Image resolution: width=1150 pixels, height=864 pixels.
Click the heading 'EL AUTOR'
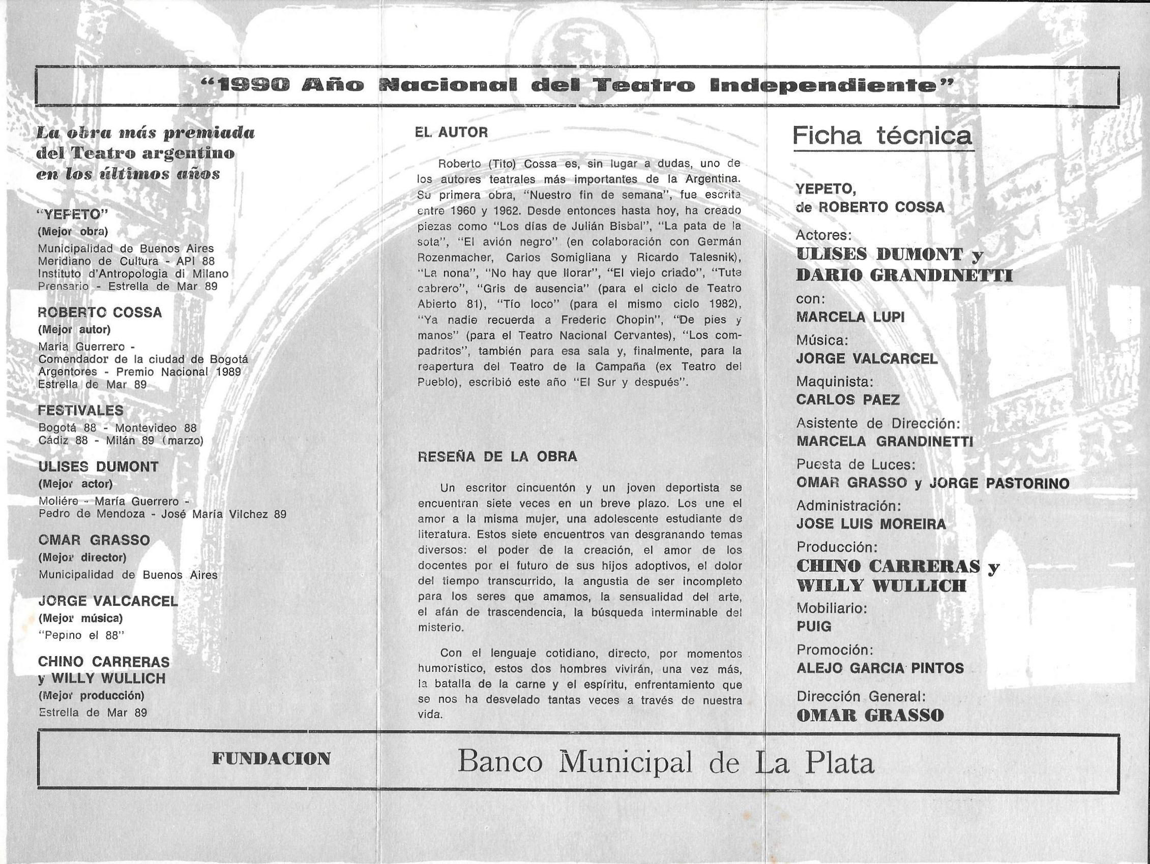click(451, 132)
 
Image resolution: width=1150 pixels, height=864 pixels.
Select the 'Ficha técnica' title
click(882, 136)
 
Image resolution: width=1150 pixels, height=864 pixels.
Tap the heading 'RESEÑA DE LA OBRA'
click(497, 457)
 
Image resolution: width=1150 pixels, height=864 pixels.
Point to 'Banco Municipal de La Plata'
click(665, 763)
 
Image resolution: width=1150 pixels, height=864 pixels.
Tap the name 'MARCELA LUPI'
click(850, 317)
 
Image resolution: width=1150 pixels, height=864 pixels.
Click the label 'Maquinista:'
click(835, 381)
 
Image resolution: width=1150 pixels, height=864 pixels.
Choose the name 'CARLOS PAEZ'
click(848, 399)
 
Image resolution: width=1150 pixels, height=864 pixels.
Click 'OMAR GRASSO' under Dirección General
click(870, 716)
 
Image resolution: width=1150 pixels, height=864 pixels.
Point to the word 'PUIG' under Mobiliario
click(814, 627)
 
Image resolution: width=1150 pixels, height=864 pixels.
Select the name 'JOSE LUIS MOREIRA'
click(871, 523)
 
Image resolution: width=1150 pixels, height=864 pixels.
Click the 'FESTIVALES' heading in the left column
click(80, 411)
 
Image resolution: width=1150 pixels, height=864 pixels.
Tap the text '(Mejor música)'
click(80, 618)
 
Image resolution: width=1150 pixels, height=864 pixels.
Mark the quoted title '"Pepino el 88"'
click(81, 635)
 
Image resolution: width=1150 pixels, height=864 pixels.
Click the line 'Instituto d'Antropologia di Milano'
click(133, 274)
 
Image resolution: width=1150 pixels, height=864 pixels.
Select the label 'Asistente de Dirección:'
click(878, 423)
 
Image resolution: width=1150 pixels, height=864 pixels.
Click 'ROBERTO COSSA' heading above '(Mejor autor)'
click(100, 312)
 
